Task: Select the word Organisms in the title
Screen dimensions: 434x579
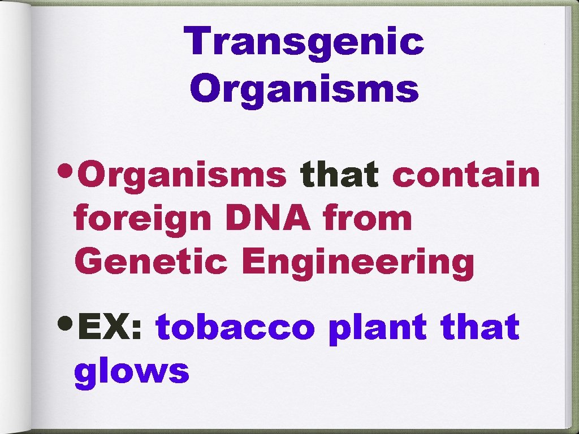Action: point(306,89)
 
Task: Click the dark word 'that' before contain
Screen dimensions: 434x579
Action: point(340,175)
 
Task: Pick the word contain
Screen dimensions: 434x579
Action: point(466,175)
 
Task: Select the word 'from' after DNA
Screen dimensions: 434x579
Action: point(368,219)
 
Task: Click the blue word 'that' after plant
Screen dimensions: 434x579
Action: point(481,328)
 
